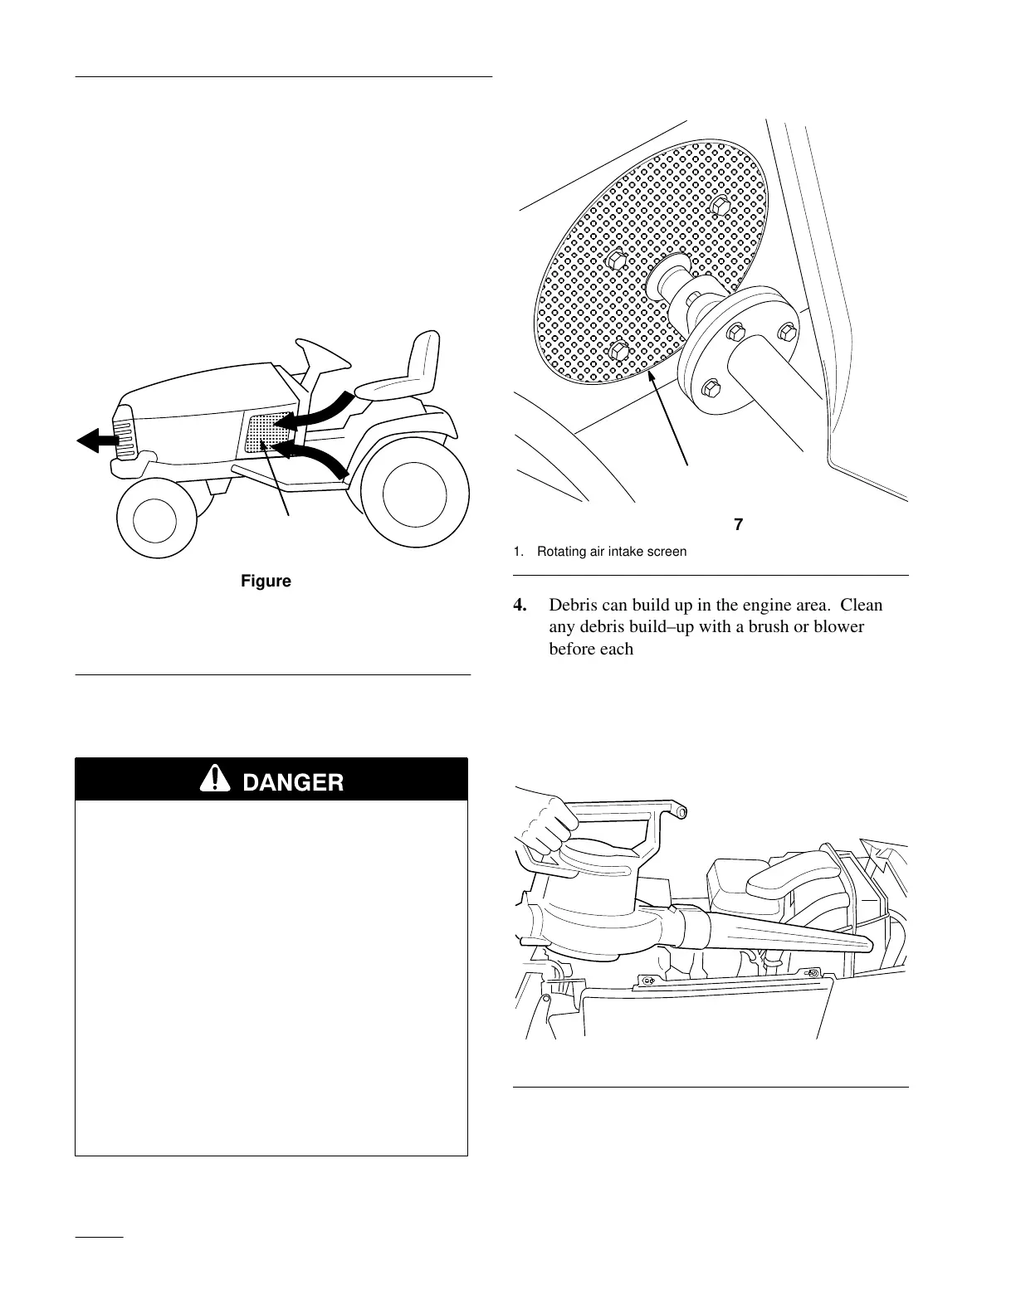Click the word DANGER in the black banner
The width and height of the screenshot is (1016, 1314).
(293, 781)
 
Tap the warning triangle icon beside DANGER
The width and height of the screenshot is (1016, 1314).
(217, 779)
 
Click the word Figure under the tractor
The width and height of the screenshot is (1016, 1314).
(266, 581)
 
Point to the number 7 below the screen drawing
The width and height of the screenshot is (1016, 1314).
(738, 524)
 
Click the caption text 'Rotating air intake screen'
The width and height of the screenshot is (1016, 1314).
(611, 551)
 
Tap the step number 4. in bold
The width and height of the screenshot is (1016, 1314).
(520, 606)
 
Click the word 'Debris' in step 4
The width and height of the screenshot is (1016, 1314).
(575, 606)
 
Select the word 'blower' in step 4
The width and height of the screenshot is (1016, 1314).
(838, 626)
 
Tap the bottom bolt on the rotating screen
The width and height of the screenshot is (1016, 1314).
(618, 352)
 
